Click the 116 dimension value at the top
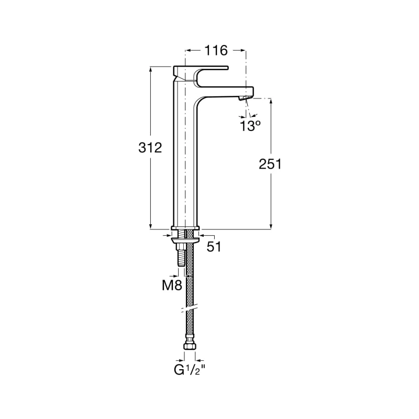[x=215, y=50]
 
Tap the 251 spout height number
[x=270, y=164]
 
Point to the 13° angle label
[x=250, y=126]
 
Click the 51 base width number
[x=214, y=247]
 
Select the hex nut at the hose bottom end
[x=189, y=346]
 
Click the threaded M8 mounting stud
[x=181, y=257]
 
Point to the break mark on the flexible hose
[x=189, y=308]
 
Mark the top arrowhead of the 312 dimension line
[x=150, y=69]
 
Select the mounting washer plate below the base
[x=186, y=239]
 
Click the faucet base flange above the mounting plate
[x=185, y=228]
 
